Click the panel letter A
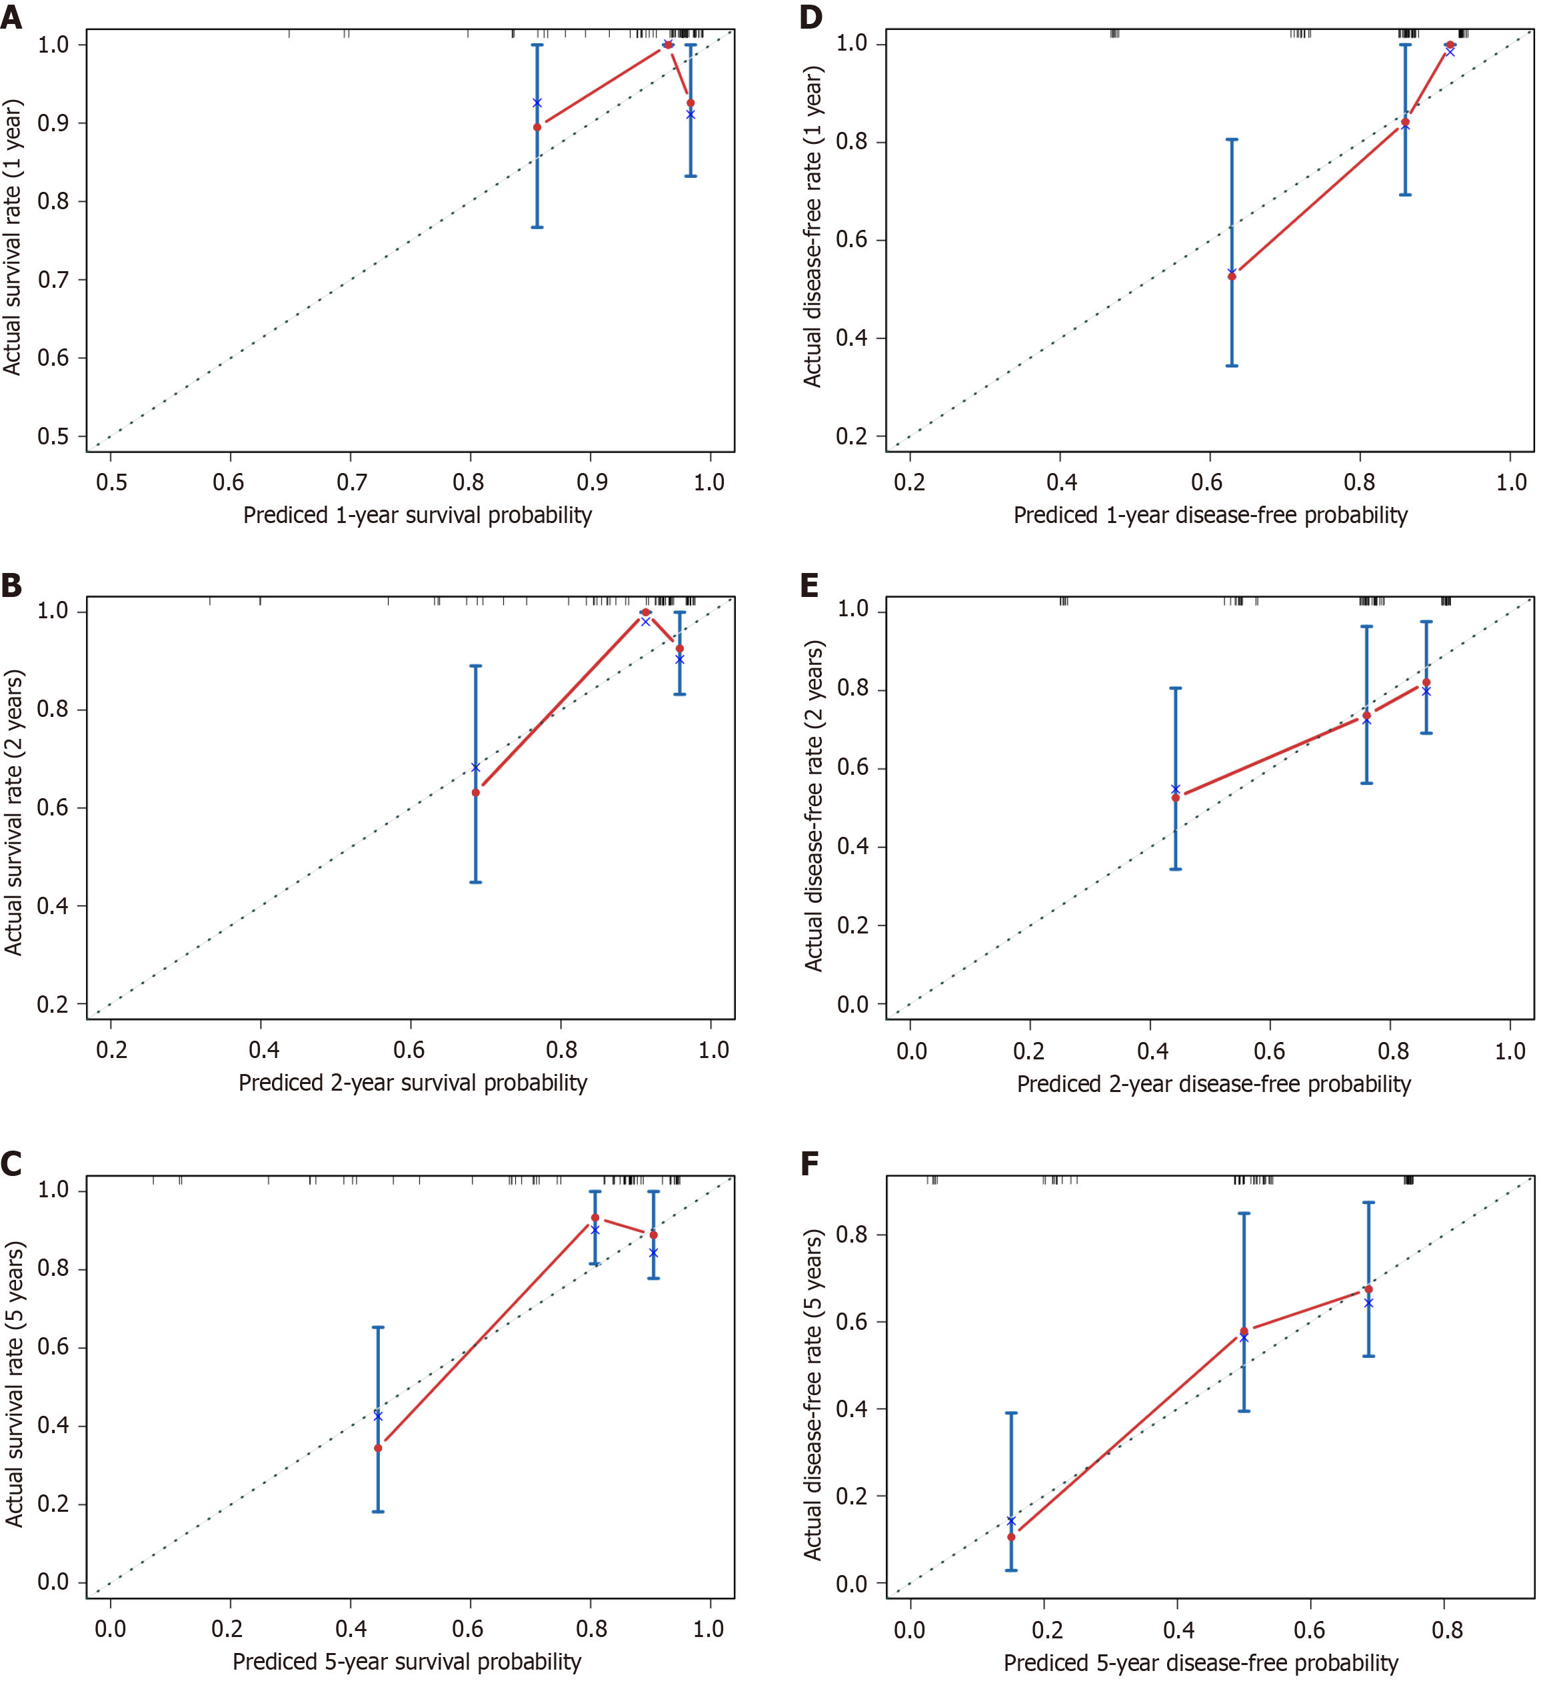coord(12,17)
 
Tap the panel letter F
coord(810,1165)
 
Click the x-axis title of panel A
coord(417,515)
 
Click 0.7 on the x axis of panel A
coord(351,482)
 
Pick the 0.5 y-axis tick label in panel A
coord(53,436)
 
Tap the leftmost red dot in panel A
coord(537,127)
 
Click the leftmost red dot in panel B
coord(476,792)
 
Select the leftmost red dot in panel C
coord(378,1447)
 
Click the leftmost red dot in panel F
coord(1011,1536)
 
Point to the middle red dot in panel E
coord(1367,716)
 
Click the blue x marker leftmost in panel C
coord(378,1416)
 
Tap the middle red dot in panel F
coord(1244,1331)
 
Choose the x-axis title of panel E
coord(1213,1083)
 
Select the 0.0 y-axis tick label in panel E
coord(853,1004)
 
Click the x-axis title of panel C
coord(407,1661)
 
